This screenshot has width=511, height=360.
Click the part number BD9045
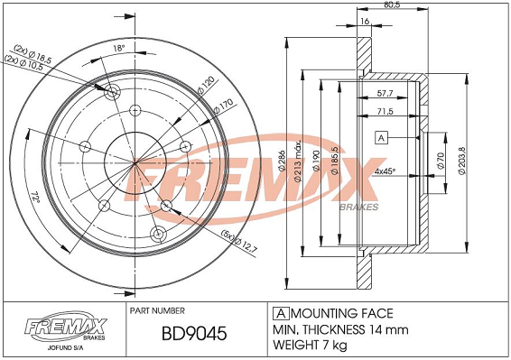click(194, 333)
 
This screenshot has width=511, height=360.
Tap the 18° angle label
click(119, 48)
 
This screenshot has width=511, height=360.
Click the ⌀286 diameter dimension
click(282, 161)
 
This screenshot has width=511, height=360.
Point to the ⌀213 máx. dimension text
click(298, 162)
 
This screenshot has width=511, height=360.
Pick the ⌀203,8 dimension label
click(462, 161)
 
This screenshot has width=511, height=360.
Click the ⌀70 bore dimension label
click(441, 161)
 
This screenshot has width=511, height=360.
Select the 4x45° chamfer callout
click(385, 171)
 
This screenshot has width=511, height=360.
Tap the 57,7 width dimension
click(385, 93)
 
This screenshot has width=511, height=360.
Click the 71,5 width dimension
click(385, 111)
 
